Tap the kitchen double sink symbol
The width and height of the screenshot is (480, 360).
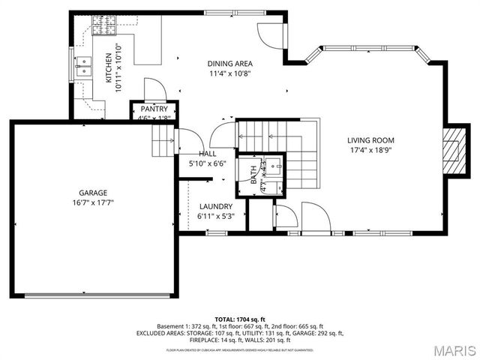[x=83, y=70]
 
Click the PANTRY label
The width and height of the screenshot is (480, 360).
[x=154, y=109]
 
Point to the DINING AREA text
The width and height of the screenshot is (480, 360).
[x=230, y=64]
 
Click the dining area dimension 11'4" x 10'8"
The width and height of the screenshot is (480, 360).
[x=230, y=73]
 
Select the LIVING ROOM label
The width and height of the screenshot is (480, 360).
[x=370, y=140]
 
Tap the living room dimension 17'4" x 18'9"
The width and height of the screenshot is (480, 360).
[x=370, y=150]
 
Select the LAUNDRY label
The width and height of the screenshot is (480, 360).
[x=215, y=206]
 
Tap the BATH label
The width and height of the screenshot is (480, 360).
[x=253, y=175]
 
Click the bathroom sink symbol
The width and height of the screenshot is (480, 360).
[x=274, y=166]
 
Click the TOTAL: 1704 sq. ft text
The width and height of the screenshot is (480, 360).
[x=240, y=319]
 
